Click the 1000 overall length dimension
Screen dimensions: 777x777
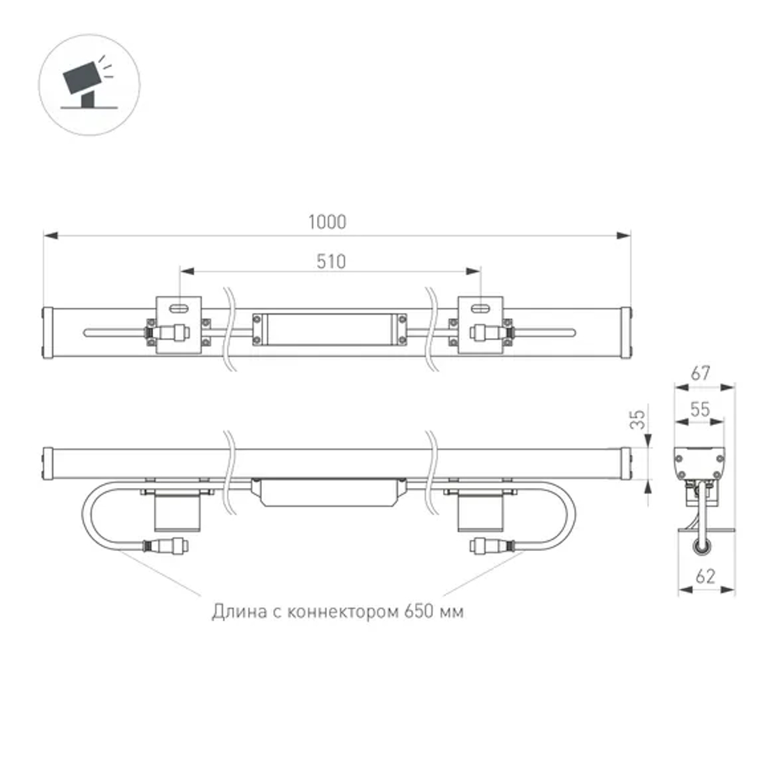[326, 221]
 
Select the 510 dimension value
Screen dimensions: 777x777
[330, 261]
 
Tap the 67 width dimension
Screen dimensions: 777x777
[702, 373]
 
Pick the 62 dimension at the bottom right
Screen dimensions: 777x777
[706, 577]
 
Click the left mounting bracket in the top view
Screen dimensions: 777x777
[179, 325]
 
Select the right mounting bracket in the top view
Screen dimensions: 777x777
[483, 325]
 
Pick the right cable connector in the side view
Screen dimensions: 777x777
[490, 546]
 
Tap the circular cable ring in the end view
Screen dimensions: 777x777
[702, 547]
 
